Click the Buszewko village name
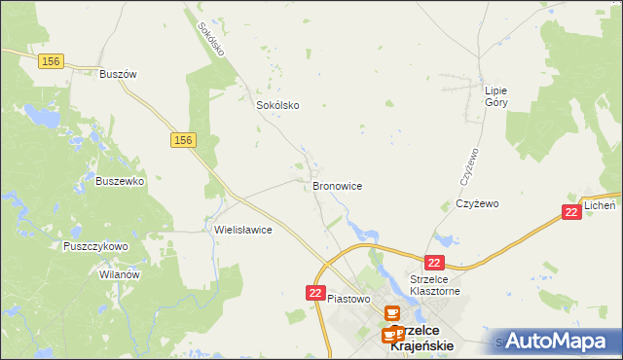pos(120,181)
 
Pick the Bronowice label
pos(338,185)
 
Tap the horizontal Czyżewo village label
pos(477,204)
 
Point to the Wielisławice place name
pos(242,231)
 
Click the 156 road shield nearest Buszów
pos(53,60)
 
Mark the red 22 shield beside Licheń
pos(572,212)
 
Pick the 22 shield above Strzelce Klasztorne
pos(434,263)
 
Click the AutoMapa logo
pos(558,341)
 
